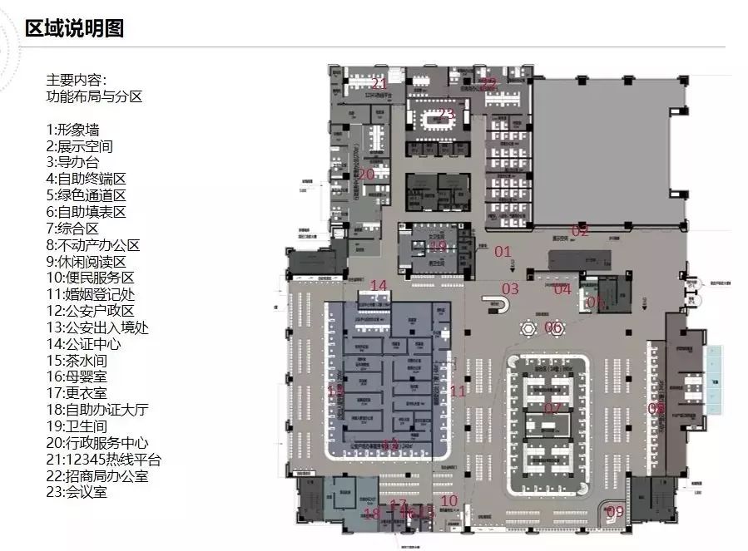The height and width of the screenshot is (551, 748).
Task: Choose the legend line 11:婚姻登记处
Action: tap(91, 293)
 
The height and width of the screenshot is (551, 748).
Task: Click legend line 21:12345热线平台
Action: tap(104, 459)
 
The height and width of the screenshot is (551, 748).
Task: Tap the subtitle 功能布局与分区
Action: tap(94, 96)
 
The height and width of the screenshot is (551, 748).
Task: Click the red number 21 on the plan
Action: tap(379, 84)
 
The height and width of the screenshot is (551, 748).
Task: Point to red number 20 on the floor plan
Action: tap(366, 175)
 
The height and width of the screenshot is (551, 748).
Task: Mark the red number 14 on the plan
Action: tap(379, 286)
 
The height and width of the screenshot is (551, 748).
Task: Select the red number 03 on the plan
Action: tap(509, 289)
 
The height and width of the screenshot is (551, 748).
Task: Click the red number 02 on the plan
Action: tap(580, 231)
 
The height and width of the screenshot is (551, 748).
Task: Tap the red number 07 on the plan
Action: tap(552, 408)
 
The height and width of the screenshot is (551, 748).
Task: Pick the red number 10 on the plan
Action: tap(449, 500)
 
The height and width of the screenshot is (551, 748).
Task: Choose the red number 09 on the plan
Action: tap(615, 511)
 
